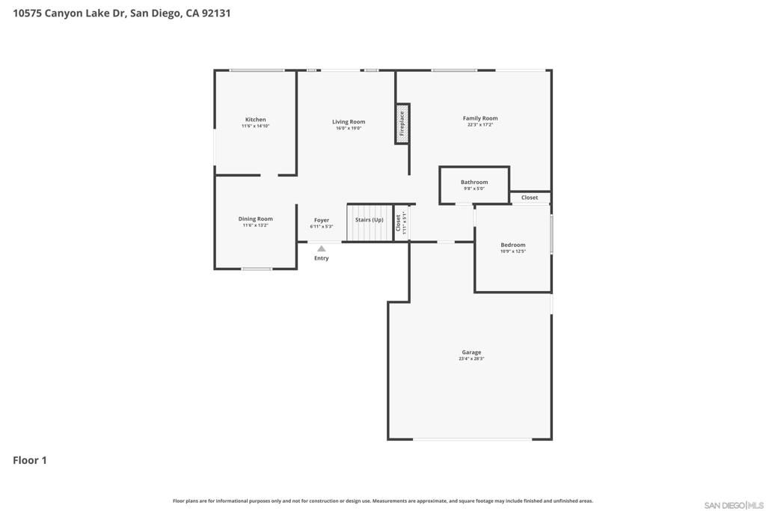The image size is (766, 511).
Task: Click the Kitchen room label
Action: [255, 120]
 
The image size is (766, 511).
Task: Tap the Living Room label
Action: [349, 122]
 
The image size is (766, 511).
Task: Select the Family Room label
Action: [479, 118]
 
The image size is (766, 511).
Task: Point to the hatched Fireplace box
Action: [402, 123]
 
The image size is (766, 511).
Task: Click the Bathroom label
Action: [474, 182]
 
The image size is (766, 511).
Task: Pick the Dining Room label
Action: [255, 219]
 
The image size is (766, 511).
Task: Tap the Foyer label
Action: [322, 220]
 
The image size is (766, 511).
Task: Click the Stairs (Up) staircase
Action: [370, 222]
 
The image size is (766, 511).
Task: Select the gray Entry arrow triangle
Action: [322, 248]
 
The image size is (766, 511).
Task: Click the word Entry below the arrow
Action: [322, 258]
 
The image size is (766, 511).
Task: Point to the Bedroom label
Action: [513, 245]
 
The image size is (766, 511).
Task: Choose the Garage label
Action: [471, 352]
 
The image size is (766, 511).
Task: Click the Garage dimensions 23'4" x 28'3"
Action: [471, 359]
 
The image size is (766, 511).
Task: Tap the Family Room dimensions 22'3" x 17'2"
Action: [479, 125]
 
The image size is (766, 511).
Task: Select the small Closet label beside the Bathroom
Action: [530, 198]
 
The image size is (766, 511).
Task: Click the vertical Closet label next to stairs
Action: [399, 222]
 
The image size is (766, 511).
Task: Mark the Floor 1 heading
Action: [30, 460]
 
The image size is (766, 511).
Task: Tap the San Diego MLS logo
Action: [734, 504]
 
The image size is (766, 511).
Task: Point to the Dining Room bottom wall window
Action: [257, 269]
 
